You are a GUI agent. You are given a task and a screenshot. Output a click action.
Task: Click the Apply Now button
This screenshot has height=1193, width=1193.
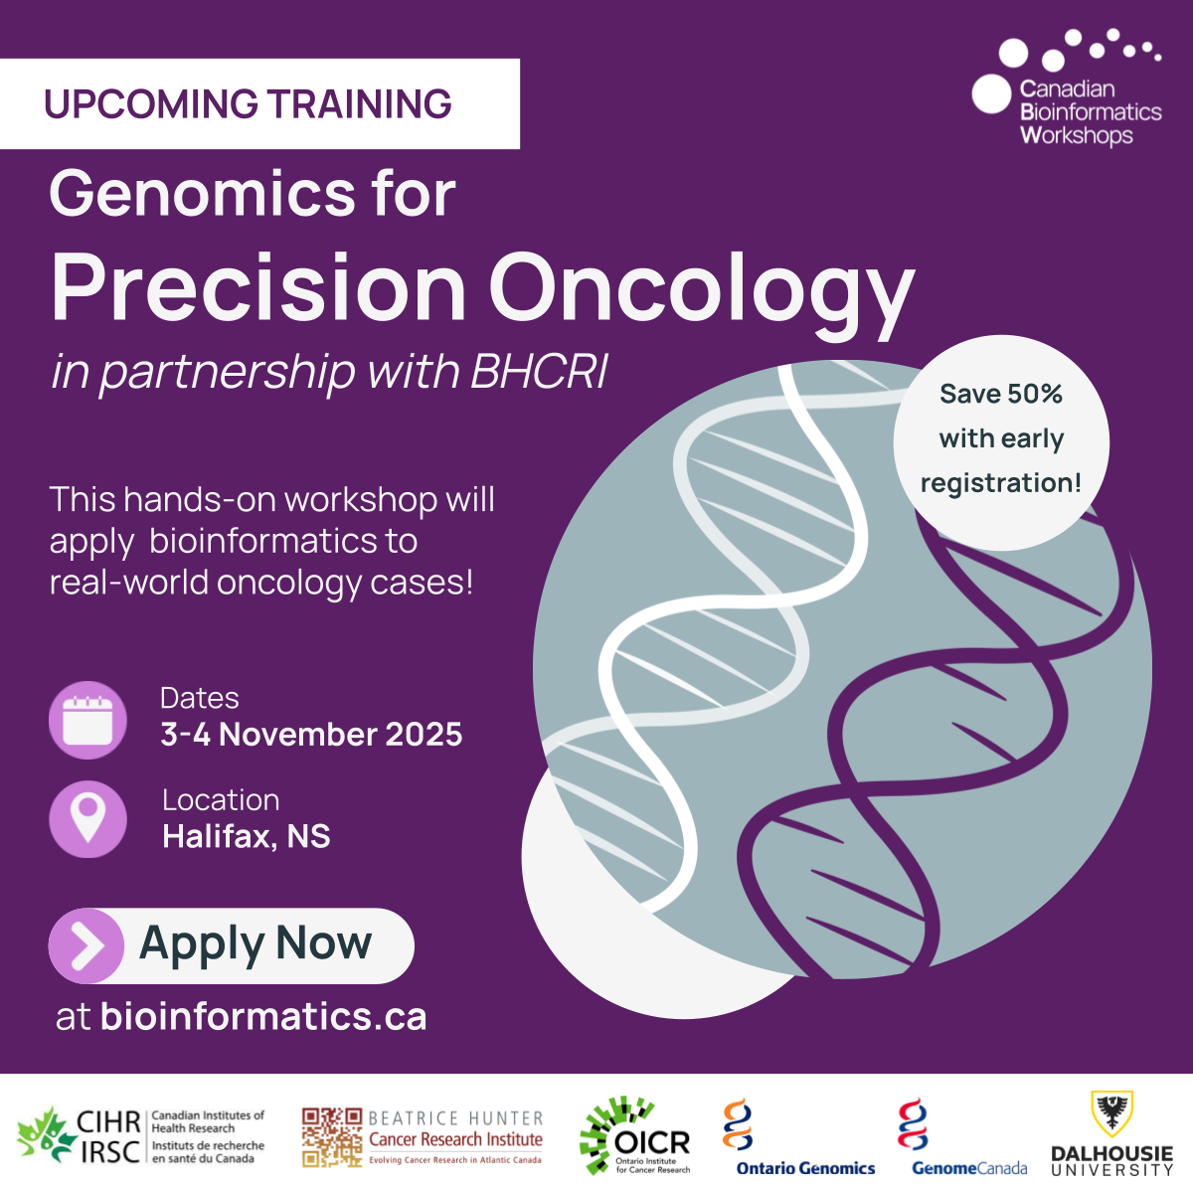coord(231,945)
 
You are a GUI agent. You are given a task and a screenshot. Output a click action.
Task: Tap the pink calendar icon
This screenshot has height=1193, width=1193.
coord(87,720)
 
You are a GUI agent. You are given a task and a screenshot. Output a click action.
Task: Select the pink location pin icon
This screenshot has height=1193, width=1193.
coord(87,819)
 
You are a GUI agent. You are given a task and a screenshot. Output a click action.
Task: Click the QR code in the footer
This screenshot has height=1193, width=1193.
coord(332,1138)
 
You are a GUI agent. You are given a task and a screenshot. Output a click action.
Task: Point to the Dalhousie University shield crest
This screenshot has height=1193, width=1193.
coord(1111,1113)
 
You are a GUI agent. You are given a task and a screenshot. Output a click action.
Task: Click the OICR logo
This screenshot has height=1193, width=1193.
coord(635,1136)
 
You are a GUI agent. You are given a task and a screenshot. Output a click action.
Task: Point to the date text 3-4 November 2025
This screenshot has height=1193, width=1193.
coord(311,735)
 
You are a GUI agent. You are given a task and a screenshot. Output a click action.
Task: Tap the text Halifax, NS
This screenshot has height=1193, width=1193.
coord(247,836)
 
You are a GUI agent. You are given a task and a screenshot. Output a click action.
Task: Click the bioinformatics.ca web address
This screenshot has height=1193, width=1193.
coord(263,1017)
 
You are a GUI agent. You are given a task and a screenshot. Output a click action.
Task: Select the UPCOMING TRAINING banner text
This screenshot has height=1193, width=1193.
coord(248,103)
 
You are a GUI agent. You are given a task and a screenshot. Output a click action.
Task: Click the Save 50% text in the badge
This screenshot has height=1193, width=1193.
coord(1001,394)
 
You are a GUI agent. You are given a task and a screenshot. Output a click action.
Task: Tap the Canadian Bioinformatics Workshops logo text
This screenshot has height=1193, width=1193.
coord(1091,112)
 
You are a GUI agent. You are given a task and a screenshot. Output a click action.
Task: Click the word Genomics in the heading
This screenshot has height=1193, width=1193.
coord(203,195)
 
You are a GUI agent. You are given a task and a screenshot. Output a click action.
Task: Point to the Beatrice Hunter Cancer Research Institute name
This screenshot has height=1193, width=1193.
coord(455,1137)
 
